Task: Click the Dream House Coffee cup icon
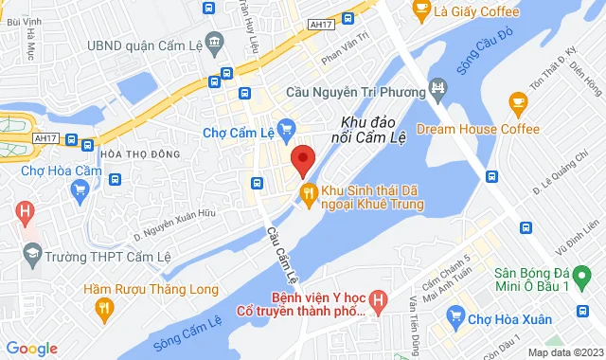point(517,101)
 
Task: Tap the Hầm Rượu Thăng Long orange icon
point(104,307)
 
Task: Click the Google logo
point(31,349)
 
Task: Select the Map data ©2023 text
point(564,352)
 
